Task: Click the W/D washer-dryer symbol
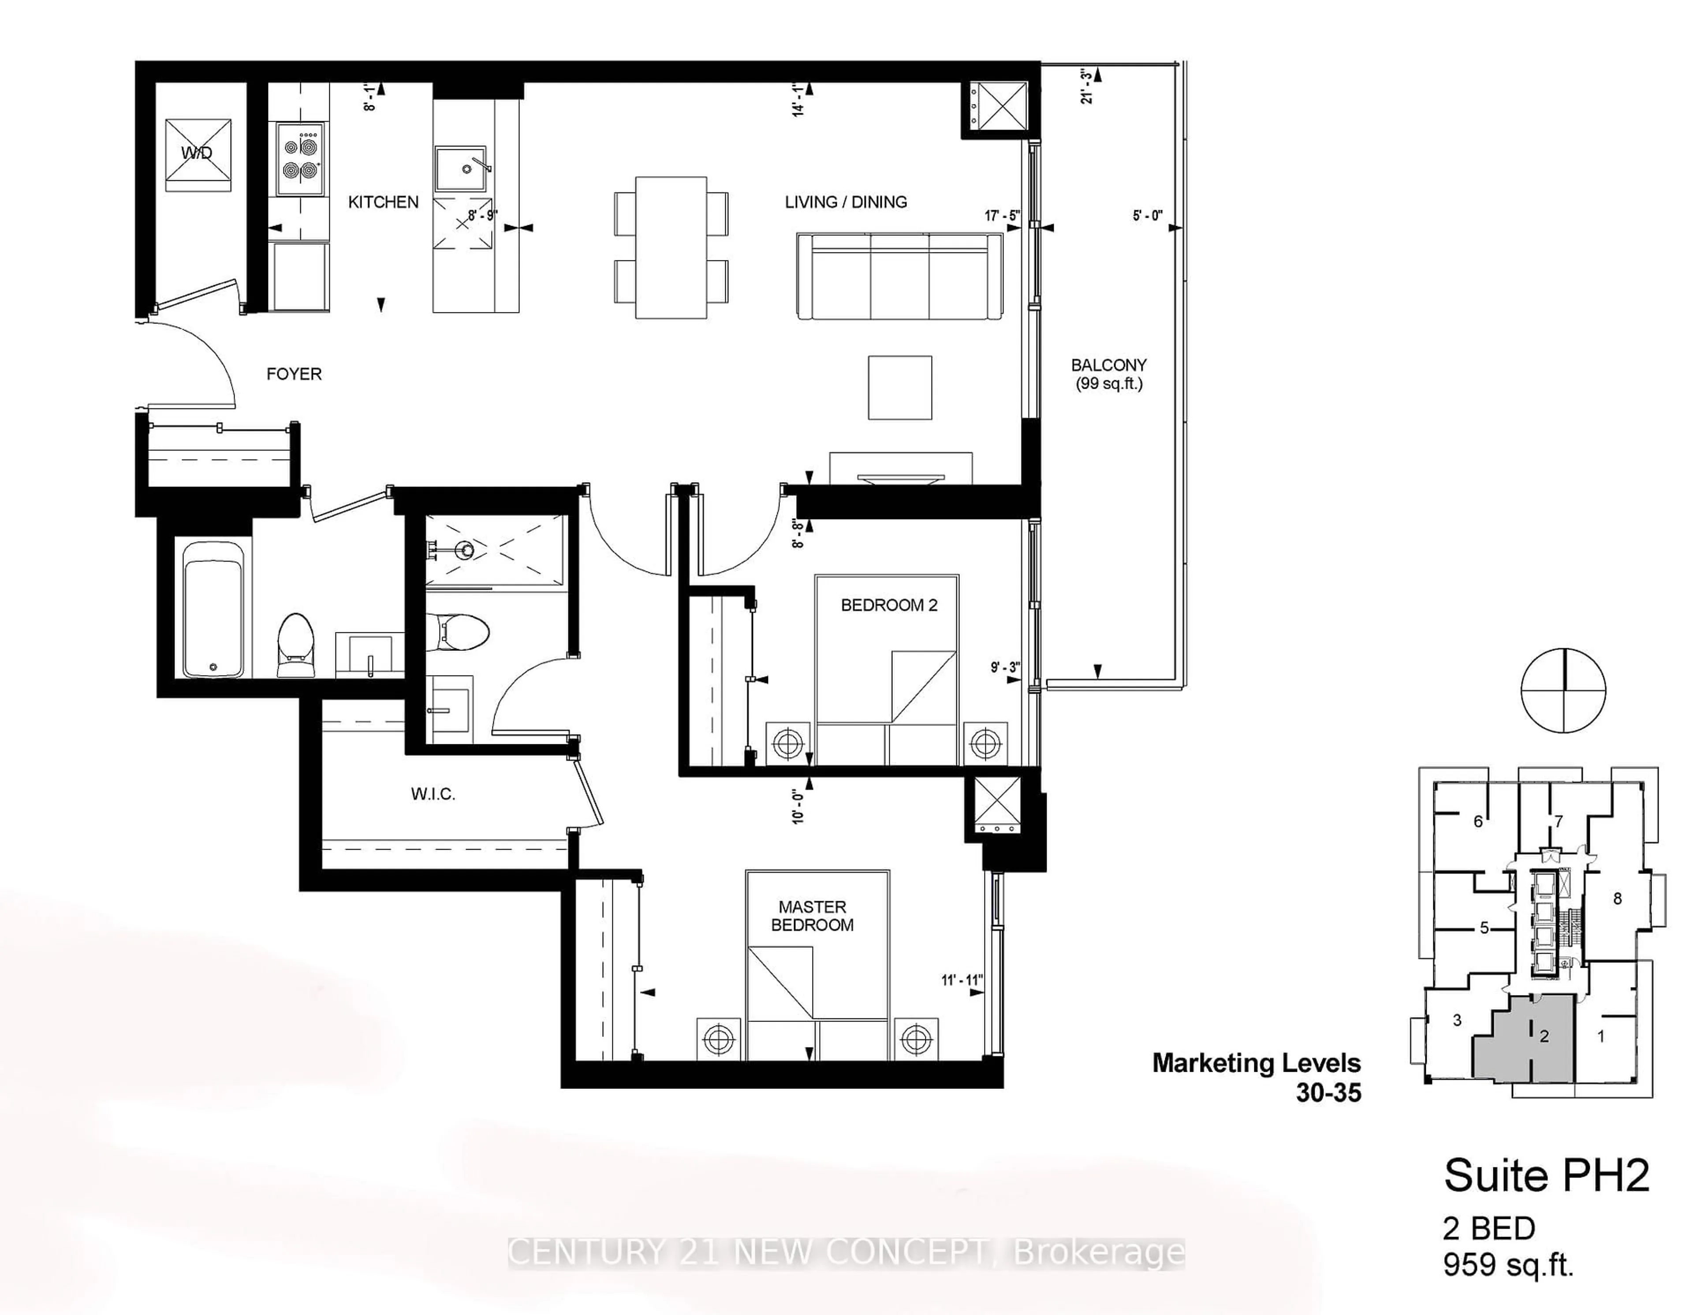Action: tap(198, 154)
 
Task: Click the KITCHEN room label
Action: tap(383, 202)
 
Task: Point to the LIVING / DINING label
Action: tap(846, 202)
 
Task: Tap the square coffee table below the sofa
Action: tap(899, 387)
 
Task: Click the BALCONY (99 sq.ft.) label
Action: tap(1108, 374)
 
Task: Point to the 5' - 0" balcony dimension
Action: tap(1147, 215)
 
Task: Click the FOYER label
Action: tap(294, 374)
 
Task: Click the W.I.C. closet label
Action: tap(433, 794)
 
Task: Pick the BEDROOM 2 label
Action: tap(889, 605)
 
